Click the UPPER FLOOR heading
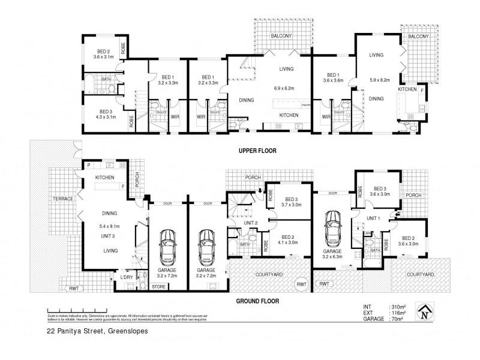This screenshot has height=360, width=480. tap(257, 151)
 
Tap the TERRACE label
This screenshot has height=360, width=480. tap(62, 199)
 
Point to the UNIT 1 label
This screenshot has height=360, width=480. tap(374, 218)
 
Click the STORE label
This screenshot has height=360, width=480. tap(158, 287)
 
